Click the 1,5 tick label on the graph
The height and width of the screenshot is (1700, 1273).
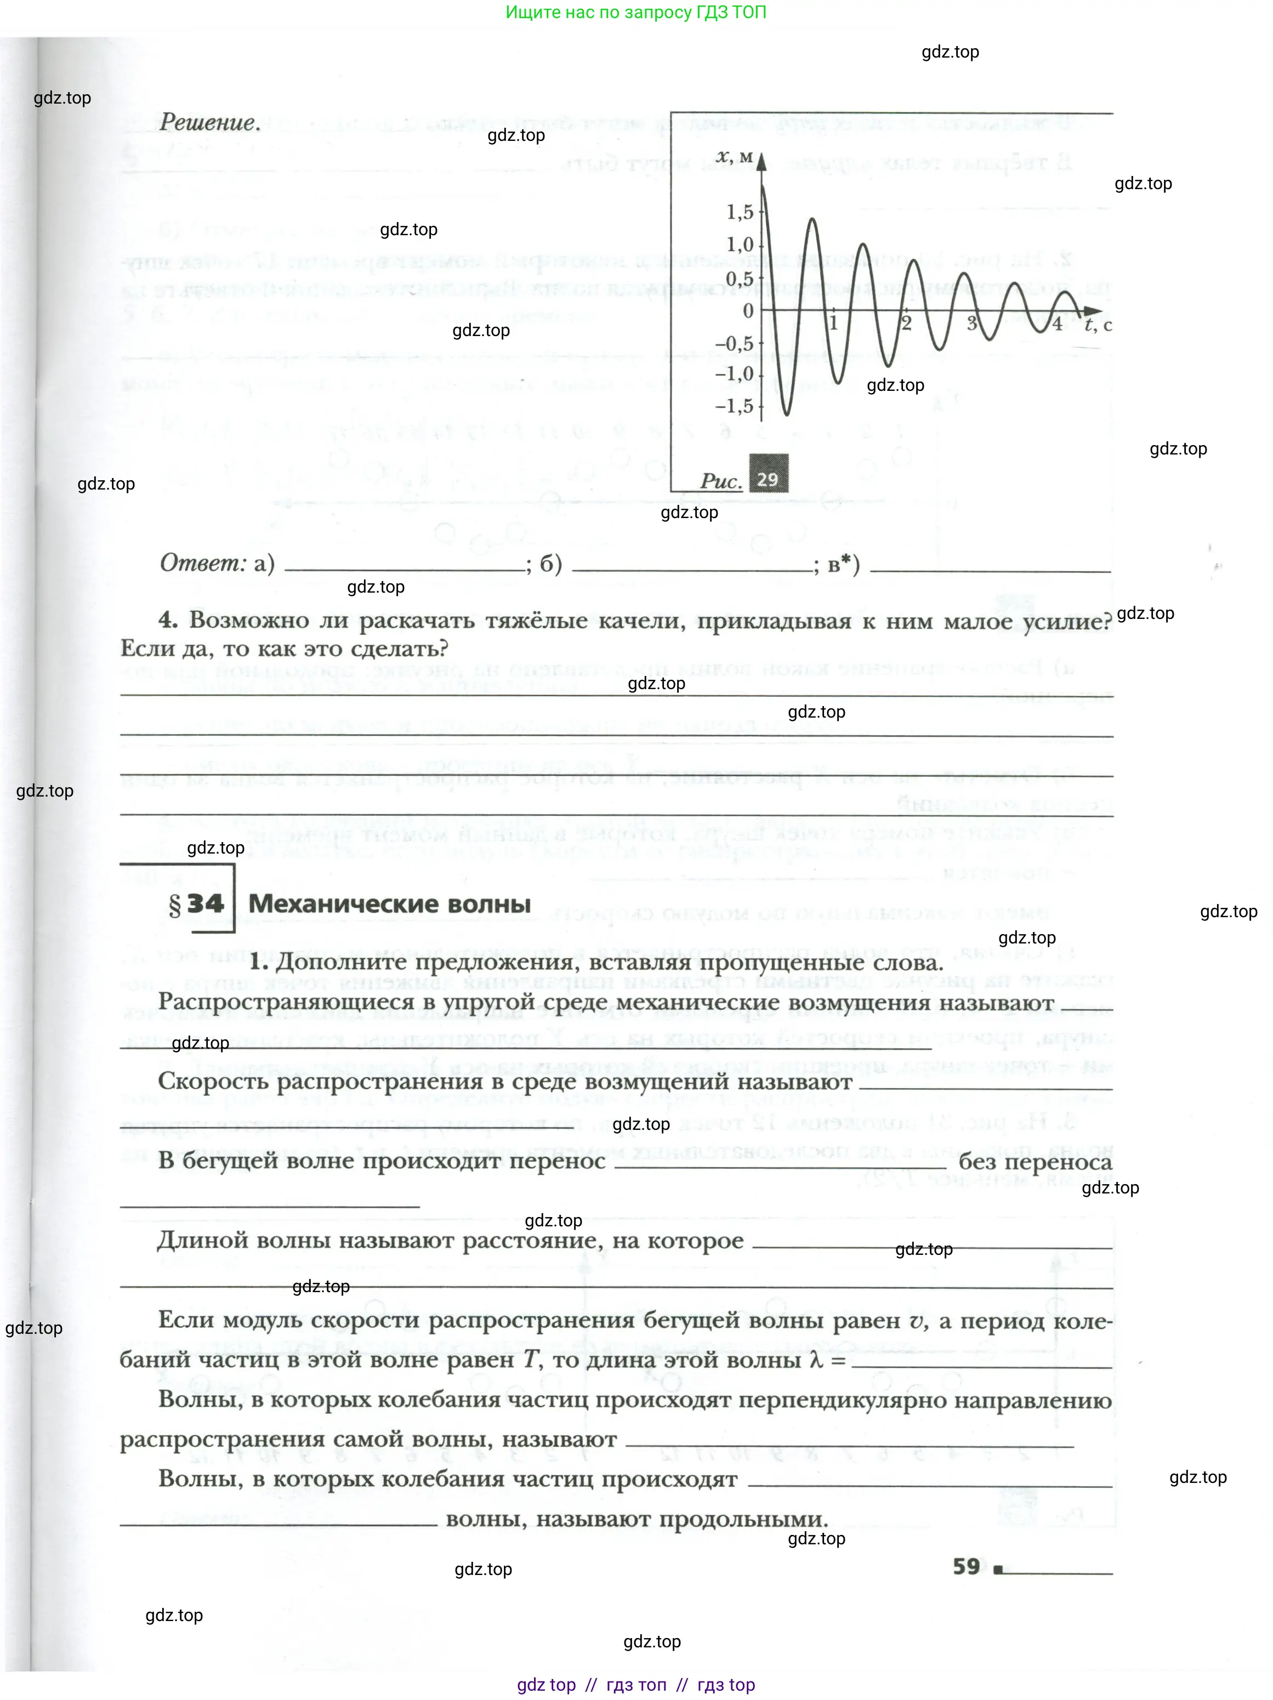740,212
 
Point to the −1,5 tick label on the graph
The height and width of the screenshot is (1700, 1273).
735,406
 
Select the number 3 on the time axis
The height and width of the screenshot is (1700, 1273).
971,323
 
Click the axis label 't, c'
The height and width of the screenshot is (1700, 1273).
1098,325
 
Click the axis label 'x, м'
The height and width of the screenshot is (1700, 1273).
734,157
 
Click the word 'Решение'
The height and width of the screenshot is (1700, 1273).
208,122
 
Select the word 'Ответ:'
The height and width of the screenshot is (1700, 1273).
203,564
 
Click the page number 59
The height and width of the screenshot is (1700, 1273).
967,1566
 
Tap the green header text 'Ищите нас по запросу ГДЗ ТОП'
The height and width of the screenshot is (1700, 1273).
636,12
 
